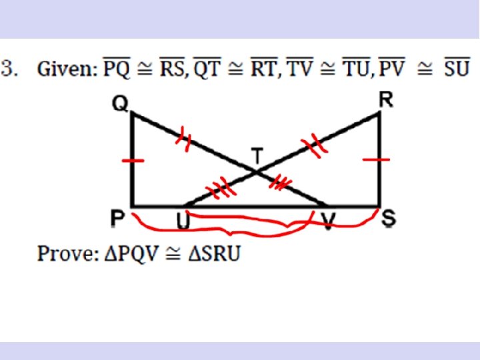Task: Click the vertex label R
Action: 386,101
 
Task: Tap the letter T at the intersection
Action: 257,155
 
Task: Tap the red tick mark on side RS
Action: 379,160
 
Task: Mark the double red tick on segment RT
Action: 310,144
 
